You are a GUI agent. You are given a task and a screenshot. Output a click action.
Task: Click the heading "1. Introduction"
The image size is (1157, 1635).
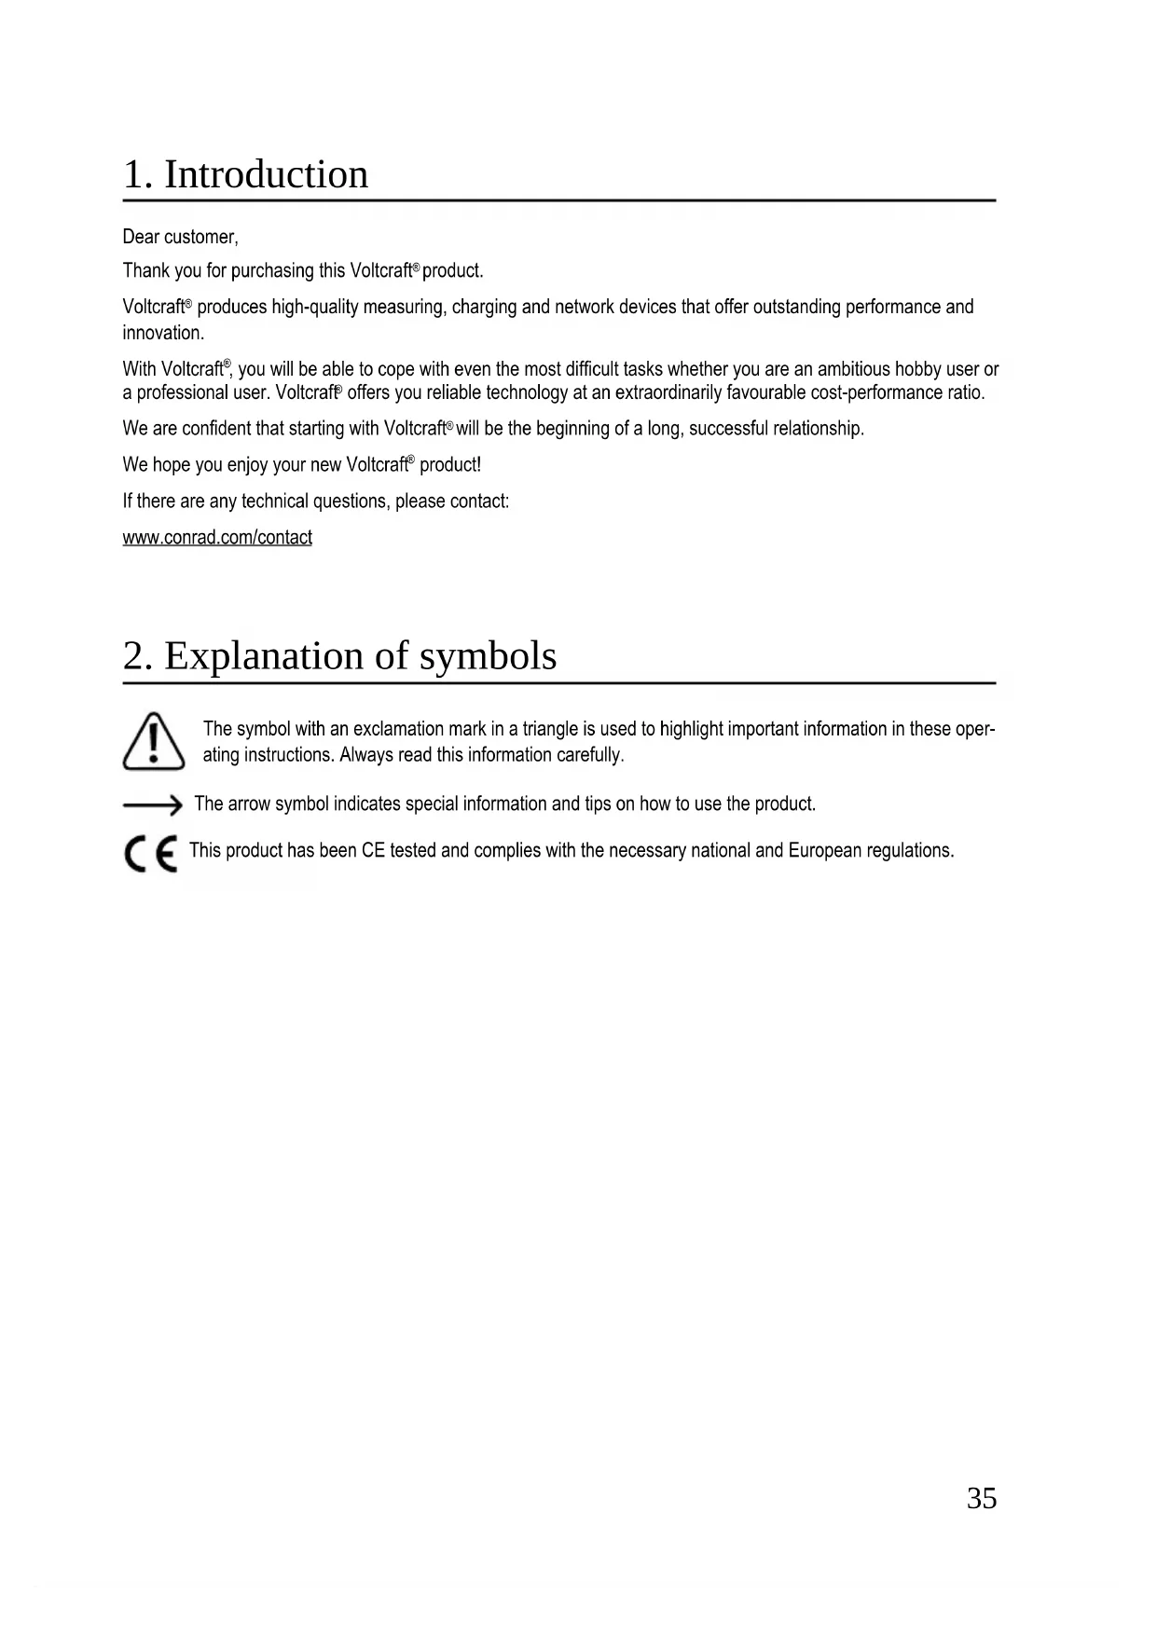[245, 174]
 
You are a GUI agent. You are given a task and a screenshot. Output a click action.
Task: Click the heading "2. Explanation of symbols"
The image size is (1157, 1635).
[339, 655]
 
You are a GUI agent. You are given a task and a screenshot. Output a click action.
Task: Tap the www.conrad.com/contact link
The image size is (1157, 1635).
[217, 538]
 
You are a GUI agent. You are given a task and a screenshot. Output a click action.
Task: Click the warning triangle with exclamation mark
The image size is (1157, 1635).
[153, 742]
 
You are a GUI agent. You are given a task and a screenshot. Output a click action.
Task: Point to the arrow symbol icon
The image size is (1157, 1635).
[152, 804]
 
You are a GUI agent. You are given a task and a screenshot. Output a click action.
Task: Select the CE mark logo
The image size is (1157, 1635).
[150, 853]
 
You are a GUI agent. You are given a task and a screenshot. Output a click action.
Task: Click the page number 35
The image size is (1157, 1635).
[981, 1498]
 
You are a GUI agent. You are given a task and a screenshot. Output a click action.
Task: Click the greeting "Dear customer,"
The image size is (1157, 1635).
[181, 238]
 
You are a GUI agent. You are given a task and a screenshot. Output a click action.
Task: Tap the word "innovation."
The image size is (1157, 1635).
[163, 333]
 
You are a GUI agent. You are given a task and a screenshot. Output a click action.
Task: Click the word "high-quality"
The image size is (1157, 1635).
[314, 308]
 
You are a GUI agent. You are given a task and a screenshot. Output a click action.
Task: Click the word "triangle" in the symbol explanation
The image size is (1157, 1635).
[550, 729]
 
